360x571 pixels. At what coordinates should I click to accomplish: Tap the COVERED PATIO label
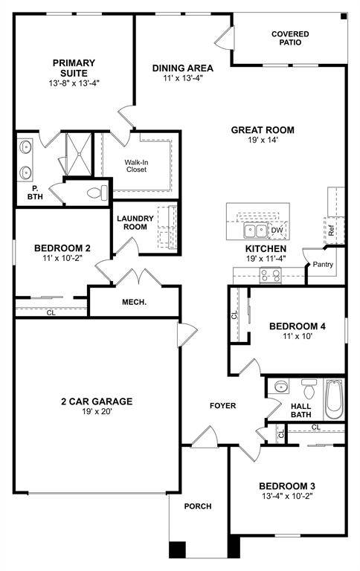290,38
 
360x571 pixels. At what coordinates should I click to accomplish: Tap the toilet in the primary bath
96,193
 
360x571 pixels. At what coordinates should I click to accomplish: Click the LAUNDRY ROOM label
135,222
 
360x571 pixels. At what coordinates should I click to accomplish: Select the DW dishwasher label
277,231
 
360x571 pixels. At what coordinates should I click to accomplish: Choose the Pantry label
323,264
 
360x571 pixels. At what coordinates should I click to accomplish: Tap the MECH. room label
135,303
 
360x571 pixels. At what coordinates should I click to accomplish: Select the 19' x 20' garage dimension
97,411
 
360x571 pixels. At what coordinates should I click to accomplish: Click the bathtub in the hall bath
335,399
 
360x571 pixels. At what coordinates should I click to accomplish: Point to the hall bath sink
280,387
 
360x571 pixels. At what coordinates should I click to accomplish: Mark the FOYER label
222,405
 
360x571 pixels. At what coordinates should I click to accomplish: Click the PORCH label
198,506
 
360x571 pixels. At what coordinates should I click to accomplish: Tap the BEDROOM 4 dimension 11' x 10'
297,336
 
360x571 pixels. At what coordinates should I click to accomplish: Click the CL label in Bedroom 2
51,313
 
